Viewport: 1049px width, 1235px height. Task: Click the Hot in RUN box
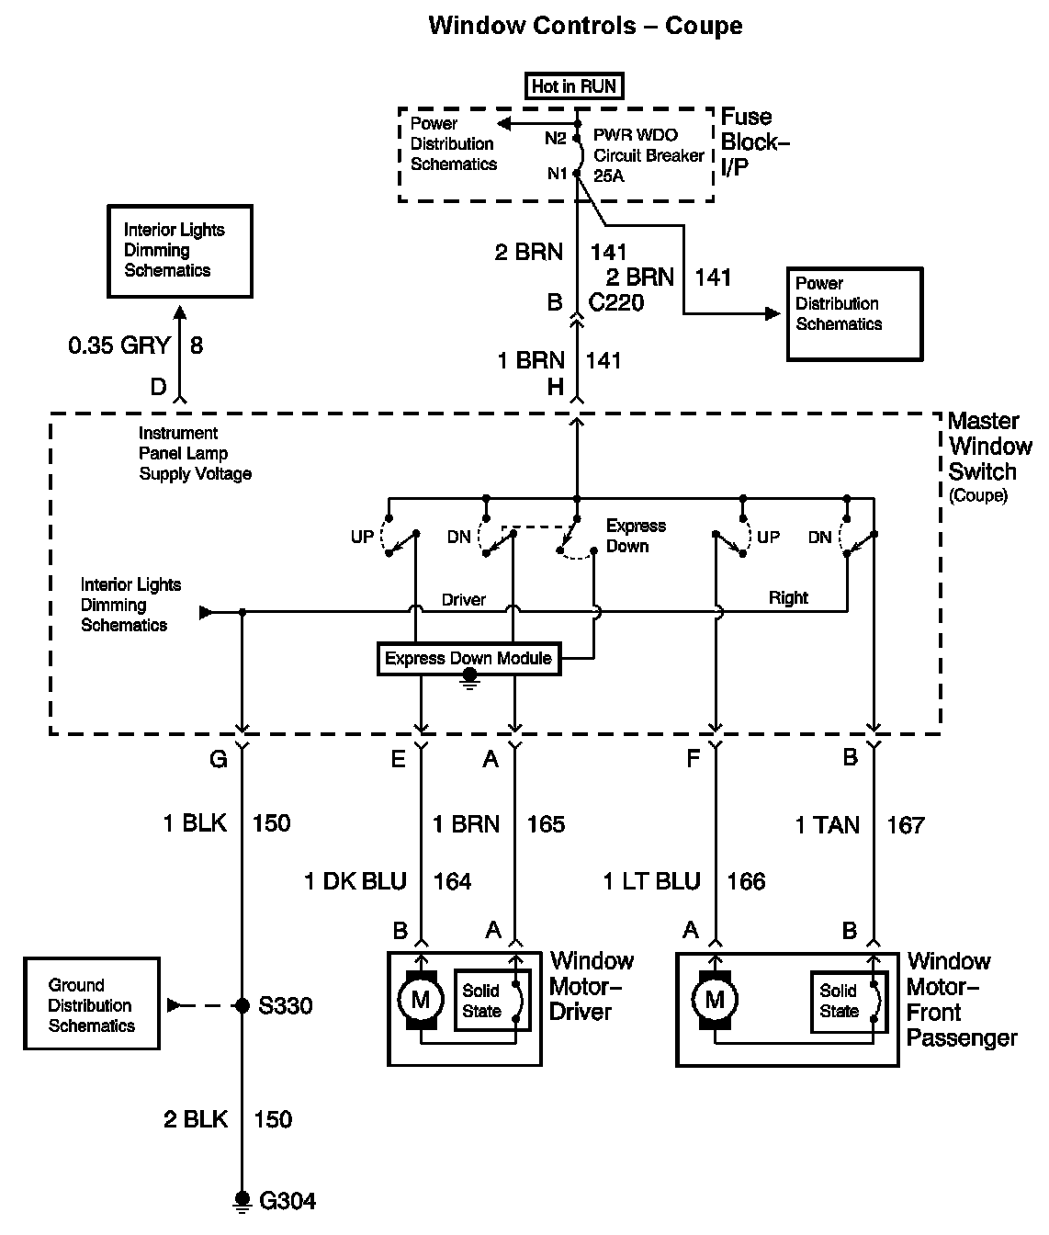(575, 86)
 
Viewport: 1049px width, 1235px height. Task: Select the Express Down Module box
(468, 659)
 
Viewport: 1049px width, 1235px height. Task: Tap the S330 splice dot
(243, 1006)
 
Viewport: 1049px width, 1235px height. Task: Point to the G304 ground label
(288, 1201)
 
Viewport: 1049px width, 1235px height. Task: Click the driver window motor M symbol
(420, 999)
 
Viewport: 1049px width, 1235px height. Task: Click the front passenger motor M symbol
(714, 999)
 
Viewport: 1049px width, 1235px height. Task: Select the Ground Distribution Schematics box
(92, 1004)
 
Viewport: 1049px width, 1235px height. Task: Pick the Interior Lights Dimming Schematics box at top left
(179, 251)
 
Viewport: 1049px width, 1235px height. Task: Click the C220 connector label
(616, 302)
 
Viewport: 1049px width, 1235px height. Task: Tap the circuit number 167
(905, 825)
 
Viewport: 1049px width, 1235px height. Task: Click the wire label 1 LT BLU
(651, 882)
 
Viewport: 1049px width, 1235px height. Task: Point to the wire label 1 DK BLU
(355, 882)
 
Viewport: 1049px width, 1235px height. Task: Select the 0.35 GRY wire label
(119, 346)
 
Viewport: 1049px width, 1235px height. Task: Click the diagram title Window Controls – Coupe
(585, 25)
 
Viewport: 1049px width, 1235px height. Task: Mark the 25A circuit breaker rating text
(608, 176)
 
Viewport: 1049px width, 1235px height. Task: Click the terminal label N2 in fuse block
(556, 139)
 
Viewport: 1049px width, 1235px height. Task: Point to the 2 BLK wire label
(196, 1119)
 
